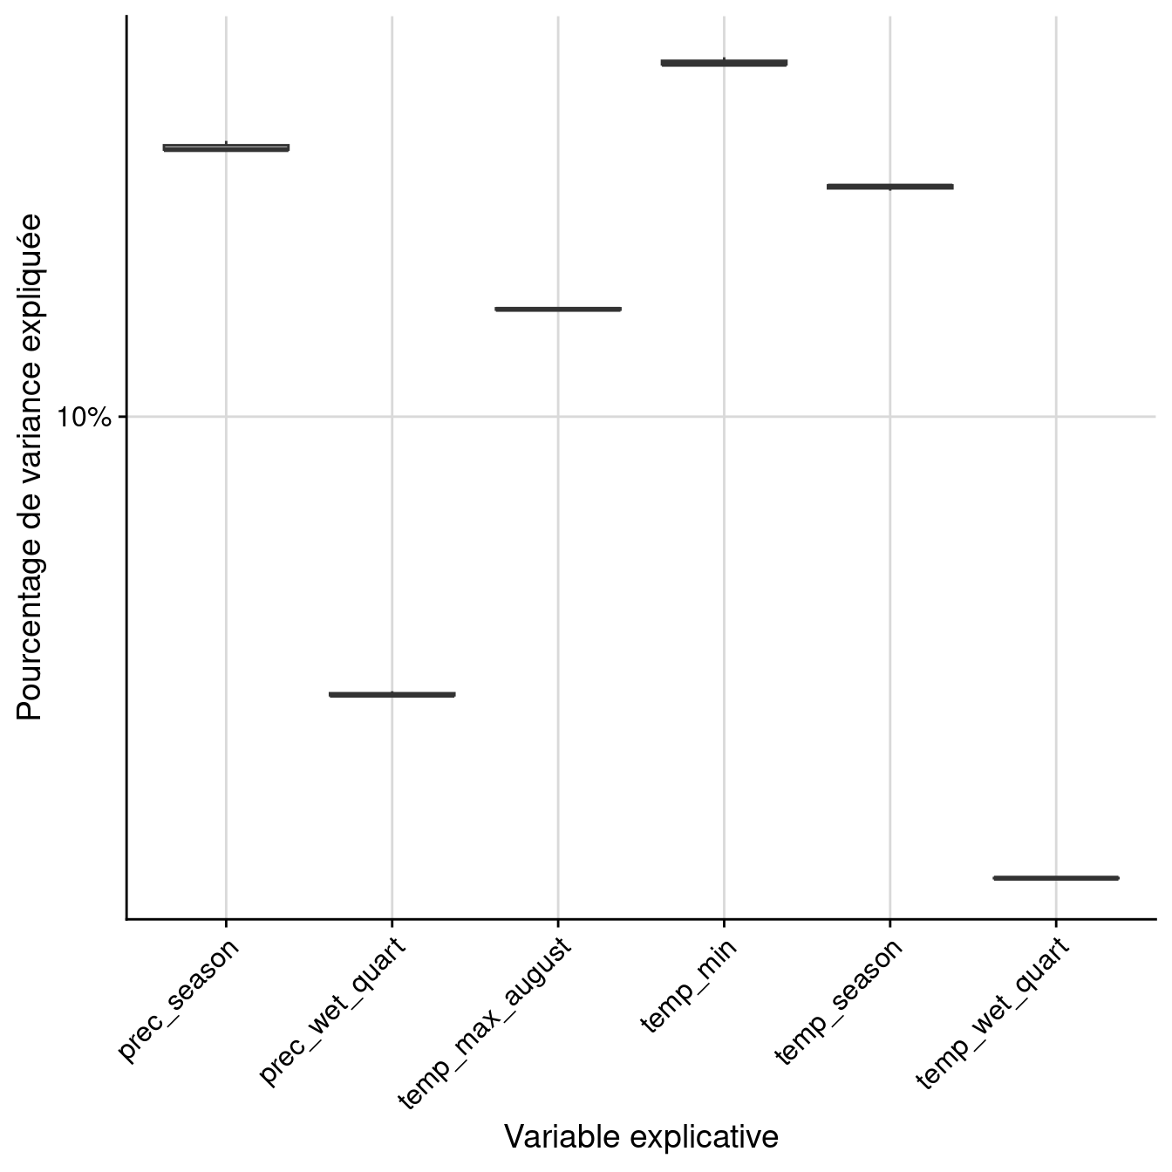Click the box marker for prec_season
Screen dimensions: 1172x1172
226,147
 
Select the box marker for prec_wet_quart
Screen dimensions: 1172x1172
392,694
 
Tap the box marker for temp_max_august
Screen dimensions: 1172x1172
558,309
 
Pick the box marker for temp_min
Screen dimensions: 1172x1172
724,63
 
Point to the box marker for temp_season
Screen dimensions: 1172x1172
890,187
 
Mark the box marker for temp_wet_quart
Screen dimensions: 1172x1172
1056,877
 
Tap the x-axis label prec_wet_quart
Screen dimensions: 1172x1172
332,1012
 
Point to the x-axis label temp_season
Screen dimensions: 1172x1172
838,1001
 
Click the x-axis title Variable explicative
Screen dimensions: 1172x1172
641,1137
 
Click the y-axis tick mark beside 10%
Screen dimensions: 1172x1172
121,417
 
